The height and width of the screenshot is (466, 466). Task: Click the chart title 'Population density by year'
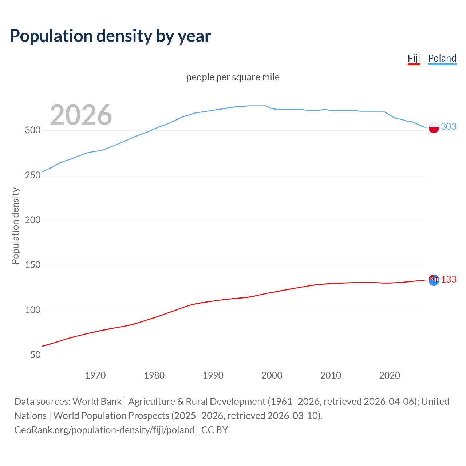coord(110,36)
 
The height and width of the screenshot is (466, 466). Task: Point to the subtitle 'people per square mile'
coord(233,77)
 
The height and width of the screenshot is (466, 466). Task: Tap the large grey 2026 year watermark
coord(81,115)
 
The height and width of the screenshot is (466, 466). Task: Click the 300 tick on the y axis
coord(33,130)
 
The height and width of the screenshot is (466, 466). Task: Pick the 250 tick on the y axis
coord(33,175)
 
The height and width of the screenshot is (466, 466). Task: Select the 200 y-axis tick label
coord(33,220)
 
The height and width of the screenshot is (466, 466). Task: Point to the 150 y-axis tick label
coord(33,265)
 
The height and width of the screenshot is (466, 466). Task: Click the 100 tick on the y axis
coord(33,310)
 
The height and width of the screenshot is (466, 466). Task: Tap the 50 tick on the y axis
coord(35,355)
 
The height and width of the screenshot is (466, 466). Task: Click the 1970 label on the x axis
coord(95,375)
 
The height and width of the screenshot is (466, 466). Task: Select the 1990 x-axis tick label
coord(213,375)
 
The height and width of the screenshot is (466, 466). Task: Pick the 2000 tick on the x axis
coord(272,375)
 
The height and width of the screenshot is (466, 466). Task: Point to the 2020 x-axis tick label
coord(390,375)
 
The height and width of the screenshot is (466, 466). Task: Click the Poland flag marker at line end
coord(434,127)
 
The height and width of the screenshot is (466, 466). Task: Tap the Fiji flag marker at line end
coord(434,280)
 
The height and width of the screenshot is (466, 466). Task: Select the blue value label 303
coord(449,126)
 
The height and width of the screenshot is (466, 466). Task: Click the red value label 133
coord(449,279)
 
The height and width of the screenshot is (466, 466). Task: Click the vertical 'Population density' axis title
coord(15,226)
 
